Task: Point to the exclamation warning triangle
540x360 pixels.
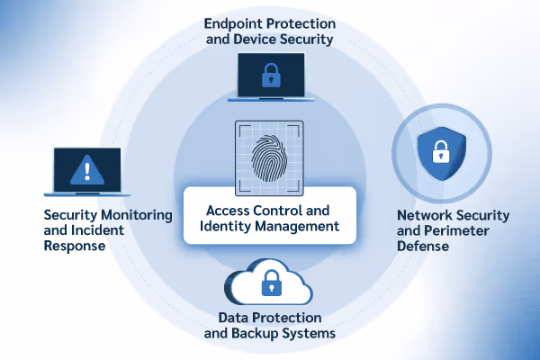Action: [x=87, y=167]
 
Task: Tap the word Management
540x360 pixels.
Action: [x=299, y=227]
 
